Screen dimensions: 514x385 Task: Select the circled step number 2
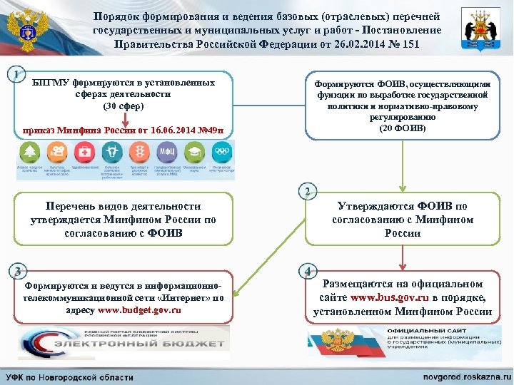(x=307, y=192)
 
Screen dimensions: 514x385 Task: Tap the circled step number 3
(x=17, y=271)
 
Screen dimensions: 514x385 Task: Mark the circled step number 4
(x=307, y=271)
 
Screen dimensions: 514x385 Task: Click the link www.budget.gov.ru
(x=139, y=310)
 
